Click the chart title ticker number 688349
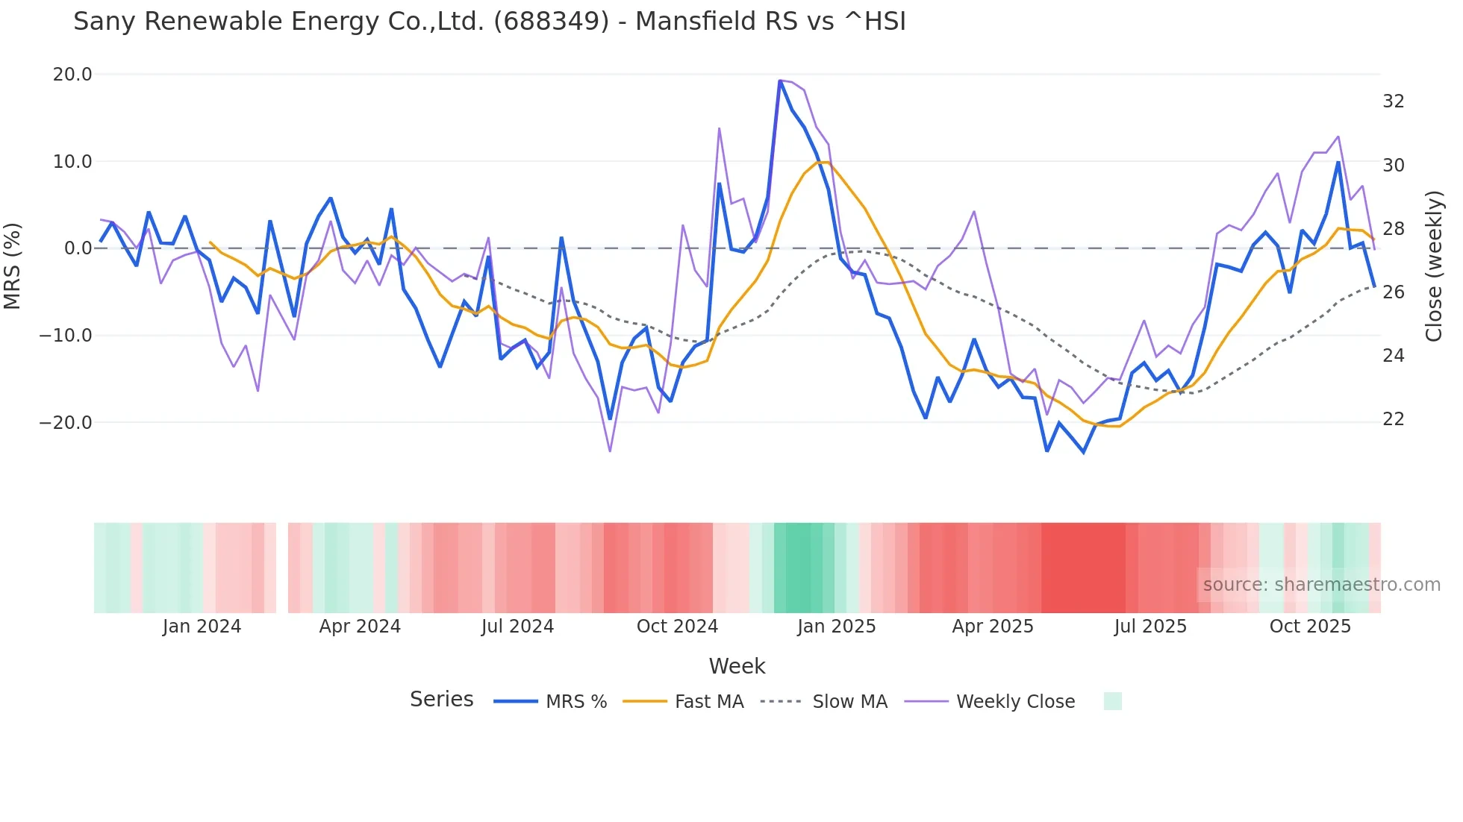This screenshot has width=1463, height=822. click(x=552, y=22)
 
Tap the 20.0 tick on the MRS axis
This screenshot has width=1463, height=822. click(x=72, y=75)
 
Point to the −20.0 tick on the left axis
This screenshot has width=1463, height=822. click(x=66, y=423)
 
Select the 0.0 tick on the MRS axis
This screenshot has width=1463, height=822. click(x=78, y=248)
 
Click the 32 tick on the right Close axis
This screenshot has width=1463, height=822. click(x=1393, y=101)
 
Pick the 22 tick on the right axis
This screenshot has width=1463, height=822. click(x=1393, y=419)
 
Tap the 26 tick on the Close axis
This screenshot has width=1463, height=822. click(x=1393, y=292)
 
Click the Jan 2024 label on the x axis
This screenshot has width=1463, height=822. click(x=202, y=627)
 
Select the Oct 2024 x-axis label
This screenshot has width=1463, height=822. click(x=677, y=627)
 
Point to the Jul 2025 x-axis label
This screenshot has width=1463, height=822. click(x=1150, y=627)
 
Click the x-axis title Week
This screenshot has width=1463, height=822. click(x=737, y=666)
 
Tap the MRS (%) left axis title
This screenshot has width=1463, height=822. click(x=13, y=266)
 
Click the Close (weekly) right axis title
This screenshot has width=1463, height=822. click(x=1434, y=266)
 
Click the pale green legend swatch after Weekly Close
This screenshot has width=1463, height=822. click(x=1112, y=701)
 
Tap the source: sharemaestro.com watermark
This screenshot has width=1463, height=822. click(x=1321, y=585)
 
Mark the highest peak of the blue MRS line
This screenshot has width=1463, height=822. click(x=780, y=81)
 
